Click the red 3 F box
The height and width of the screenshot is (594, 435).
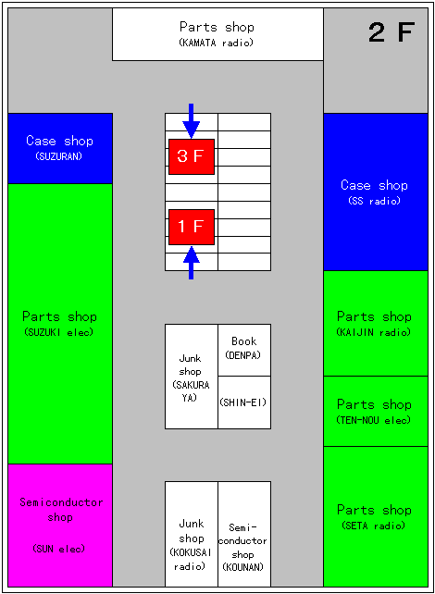[192, 157]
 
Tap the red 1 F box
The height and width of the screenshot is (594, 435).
[192, 227]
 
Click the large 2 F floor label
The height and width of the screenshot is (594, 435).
[391, 32]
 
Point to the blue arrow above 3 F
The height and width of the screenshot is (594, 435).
[192, 121]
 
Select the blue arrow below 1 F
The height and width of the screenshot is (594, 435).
[192, 263]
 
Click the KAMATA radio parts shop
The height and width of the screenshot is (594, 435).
[217, 34]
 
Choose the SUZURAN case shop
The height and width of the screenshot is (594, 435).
[60, 148]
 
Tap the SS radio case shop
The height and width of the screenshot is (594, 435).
[376, 192]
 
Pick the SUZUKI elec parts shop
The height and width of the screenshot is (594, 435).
[60, 324]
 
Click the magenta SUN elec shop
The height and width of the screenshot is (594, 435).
[60, 525]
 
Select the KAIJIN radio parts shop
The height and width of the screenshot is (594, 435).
[376, 323]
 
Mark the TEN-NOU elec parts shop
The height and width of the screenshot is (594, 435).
[376, 411]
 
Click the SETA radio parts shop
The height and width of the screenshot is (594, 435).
[376, 516]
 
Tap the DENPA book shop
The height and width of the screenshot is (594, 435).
[244, 350]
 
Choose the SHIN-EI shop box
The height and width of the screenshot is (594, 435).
[244, 402]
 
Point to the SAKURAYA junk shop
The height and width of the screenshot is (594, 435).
[192, 377]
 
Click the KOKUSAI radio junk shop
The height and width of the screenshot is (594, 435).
[192, 534]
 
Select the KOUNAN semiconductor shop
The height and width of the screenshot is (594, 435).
[244, 534]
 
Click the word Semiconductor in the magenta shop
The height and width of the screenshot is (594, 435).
[61, 502]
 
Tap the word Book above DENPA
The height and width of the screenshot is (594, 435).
[244, 341]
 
